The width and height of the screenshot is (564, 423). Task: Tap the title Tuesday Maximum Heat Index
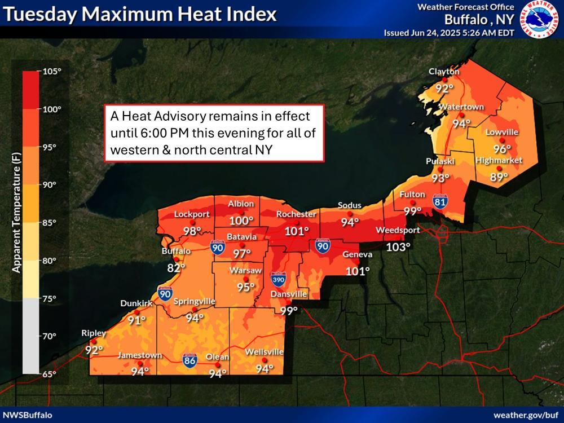point(140,14)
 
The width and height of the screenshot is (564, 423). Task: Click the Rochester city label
point(296,214)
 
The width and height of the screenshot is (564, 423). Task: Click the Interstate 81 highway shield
point(440,201)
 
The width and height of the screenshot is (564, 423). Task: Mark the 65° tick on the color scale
point(51,374)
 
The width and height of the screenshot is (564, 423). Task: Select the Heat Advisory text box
point(215,134)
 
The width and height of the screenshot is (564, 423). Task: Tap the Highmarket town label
point(498,160)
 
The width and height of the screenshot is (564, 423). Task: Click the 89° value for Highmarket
point(498,177)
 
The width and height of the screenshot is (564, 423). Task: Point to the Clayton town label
point(444,72)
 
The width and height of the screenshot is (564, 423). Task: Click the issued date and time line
point(448,32)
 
